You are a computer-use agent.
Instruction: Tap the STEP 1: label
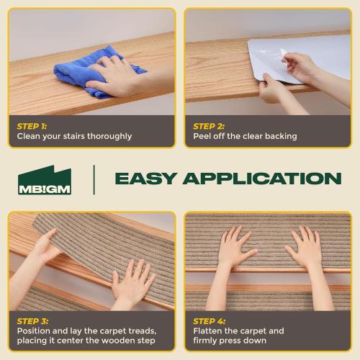tap(32, 125)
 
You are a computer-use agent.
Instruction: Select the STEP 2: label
tap(209, 125)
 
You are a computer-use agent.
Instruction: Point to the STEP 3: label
tap(33, 320)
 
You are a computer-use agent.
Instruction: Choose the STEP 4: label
tap(210, 320)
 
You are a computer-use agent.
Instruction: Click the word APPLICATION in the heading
tap(262, 179)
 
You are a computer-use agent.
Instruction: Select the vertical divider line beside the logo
tap(94, 179)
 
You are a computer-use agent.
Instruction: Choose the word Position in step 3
tap(36, 331)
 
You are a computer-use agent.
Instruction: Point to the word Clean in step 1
tap(30, 136)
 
